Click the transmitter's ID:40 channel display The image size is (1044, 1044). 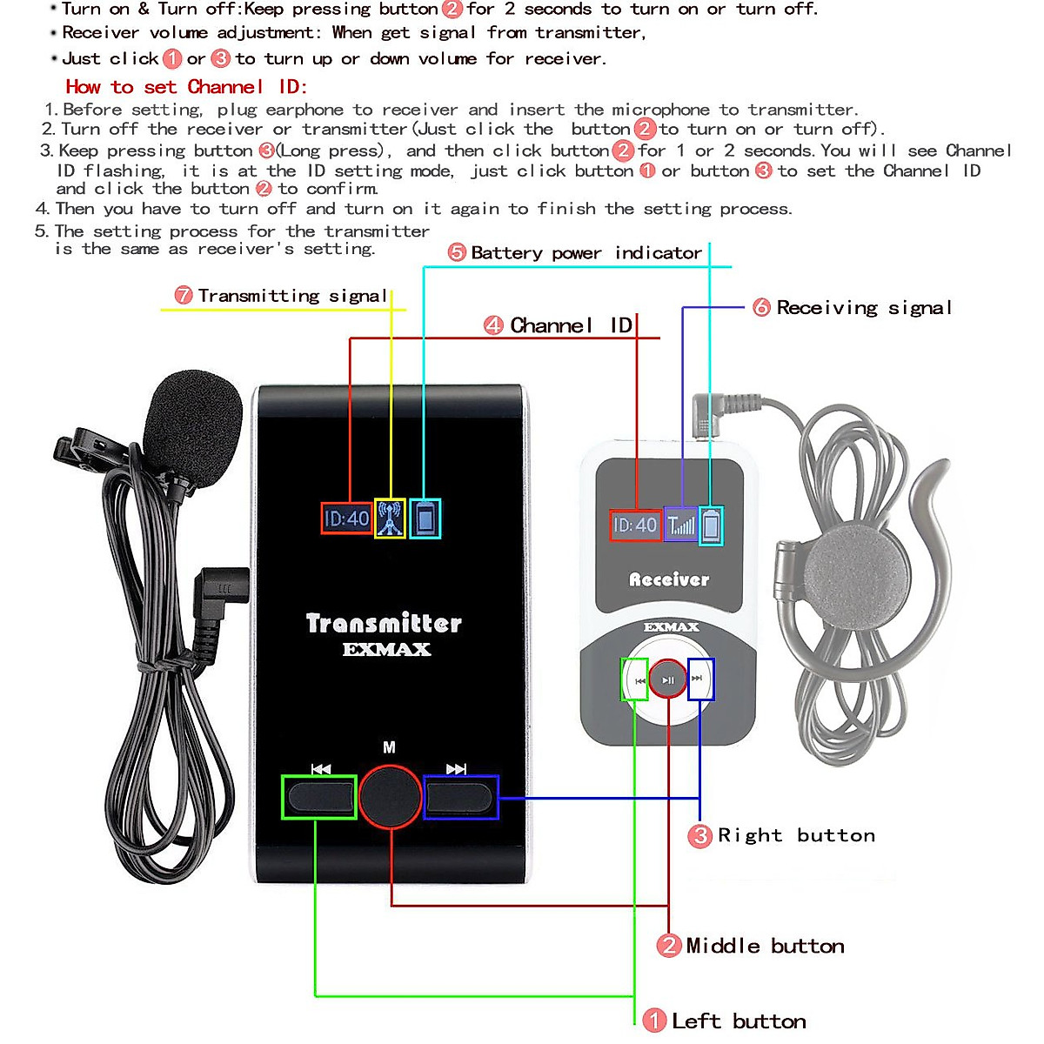point(347,519)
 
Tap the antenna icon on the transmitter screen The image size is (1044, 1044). point(390,519)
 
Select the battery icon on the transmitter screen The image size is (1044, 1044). point(425,519)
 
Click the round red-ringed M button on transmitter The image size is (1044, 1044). point(390,796)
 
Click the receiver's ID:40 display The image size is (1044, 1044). point(635,525)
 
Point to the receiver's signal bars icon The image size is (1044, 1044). point(681,525)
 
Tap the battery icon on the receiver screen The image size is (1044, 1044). point(711,525)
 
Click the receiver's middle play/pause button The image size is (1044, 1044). point(668,679)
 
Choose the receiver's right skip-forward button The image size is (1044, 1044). point(699,679)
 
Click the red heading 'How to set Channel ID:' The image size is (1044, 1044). point(186,87)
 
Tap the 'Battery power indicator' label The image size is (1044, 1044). point(586,253)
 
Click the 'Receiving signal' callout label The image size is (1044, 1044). point(863,307)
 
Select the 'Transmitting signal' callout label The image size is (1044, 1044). point(291,296)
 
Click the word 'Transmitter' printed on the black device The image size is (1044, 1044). point(384,623)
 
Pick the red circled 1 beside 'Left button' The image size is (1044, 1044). point(653,1021)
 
